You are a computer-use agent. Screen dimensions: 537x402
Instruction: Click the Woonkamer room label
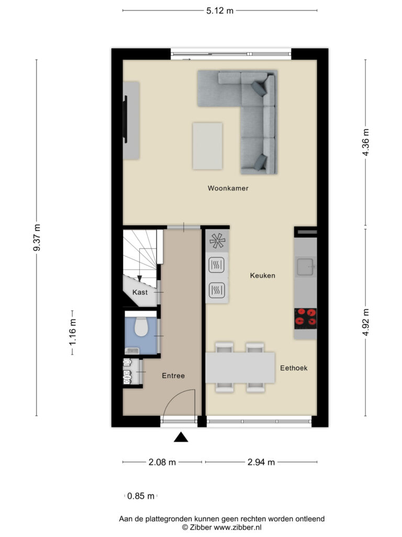[x=228, y=188]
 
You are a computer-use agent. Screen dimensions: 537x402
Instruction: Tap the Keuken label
[x=262, y=275]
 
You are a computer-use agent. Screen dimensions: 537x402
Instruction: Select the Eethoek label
[x=294, y=368]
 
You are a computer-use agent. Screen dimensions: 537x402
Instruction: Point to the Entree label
[x=173, y=376]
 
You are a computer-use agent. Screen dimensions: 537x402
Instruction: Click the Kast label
[x=139, y=292]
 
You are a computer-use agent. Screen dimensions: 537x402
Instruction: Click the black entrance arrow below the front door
[x=181, y=437]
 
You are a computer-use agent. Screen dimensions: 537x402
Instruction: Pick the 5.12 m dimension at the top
[x=219, y=10]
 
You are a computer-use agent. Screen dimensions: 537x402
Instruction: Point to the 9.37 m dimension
[x=36, y=238]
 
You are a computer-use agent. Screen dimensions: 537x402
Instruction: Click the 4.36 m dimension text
[x=365, y=143]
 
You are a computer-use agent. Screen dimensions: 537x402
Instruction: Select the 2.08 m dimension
[x=162, y=462]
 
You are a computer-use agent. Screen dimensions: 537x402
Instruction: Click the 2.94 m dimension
[x=261, y=462]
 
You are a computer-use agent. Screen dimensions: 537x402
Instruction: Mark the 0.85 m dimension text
[x=141, y=496]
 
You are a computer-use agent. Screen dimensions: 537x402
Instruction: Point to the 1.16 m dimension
[x=72, y=331]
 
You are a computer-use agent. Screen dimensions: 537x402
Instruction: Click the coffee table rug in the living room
[x=207, y=146]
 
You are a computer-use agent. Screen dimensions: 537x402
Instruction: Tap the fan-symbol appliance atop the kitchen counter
[x=217, y=241]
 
